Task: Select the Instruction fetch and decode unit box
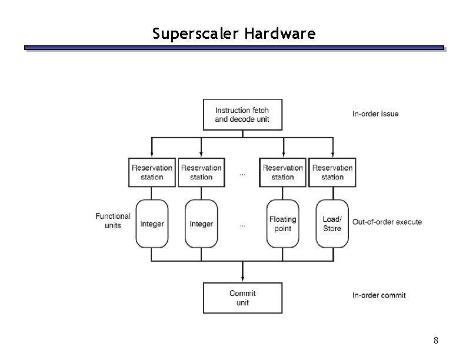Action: coord(242,115)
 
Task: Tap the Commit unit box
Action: coord(242,298)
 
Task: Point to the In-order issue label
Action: coord(375,114)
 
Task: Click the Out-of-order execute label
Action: coord(387,222)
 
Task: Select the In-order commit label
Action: coord(379,295)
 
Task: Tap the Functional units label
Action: coord(113,221)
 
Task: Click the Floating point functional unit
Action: coord(283,224)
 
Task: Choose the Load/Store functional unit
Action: coord(332,224)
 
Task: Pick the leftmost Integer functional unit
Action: coord(152,224)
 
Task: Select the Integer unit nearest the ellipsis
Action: coord(201,224)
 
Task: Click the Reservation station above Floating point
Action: coord(283,172)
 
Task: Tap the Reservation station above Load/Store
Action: coord(332,172)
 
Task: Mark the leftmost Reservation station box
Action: coord(152,172)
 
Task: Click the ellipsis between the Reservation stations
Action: coord(243,174)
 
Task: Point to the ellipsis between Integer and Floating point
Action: coord(243,225)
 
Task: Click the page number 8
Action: coord(435,341)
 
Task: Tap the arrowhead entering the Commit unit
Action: coord(242,279)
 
